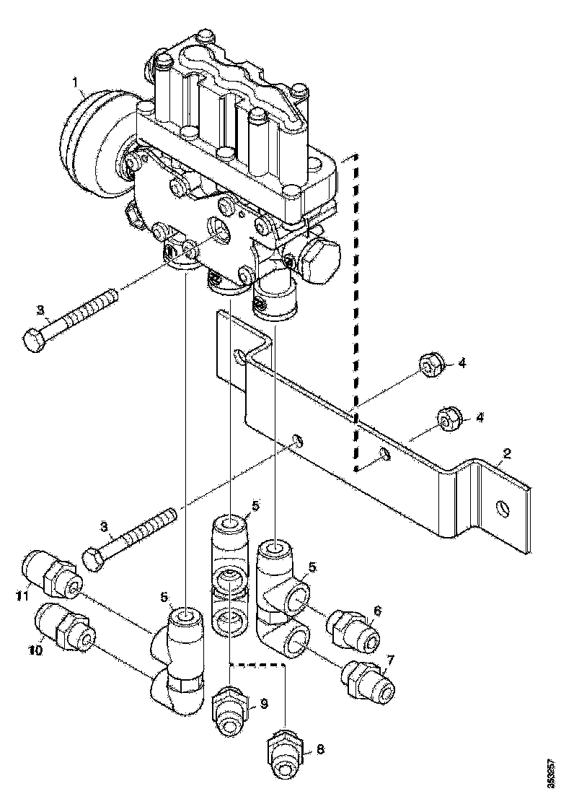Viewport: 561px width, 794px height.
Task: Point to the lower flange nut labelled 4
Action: click(448, 420)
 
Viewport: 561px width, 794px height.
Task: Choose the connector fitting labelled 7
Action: click(368, 681)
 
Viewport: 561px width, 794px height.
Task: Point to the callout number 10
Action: click(35, 650)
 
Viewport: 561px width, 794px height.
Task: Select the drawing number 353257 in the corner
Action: click(552, 771)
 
